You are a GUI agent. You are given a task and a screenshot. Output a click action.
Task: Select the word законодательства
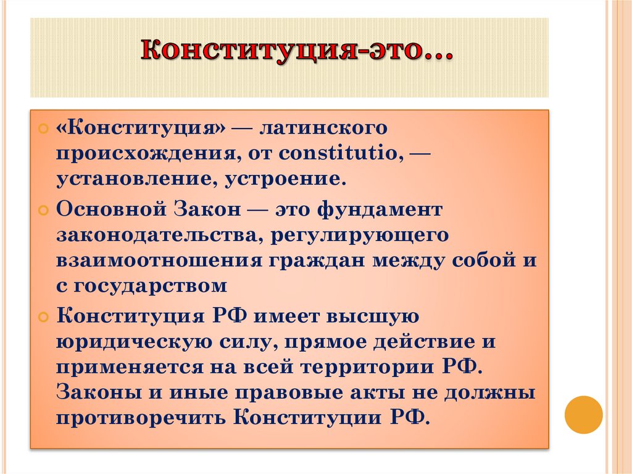[x=156, y=235]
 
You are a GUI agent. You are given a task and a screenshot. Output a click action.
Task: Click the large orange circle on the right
[x=583, y=414]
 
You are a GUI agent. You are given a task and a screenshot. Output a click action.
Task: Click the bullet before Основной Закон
[x=43, y=210]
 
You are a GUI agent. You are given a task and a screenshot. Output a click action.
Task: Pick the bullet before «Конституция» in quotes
[x=43, y=130]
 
